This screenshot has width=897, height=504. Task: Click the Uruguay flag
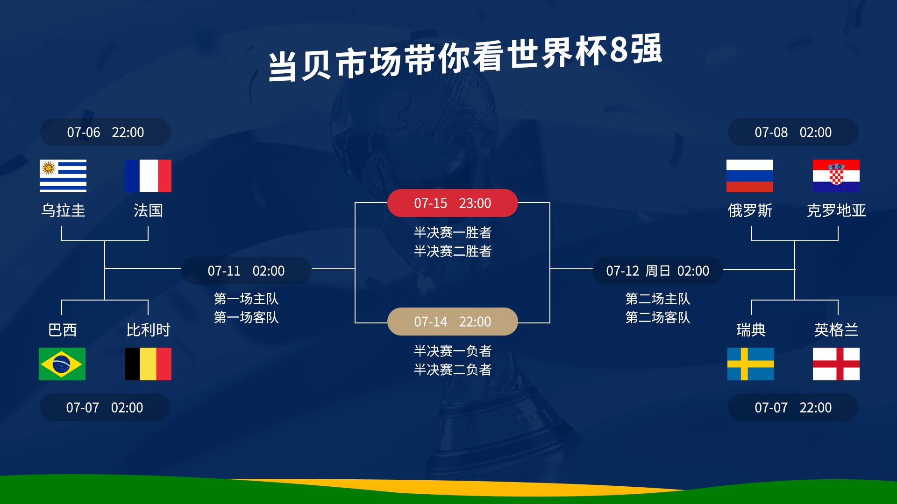pyautogui.click(x=63, y=176)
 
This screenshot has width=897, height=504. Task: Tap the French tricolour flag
pyautogui.click(x=148, y=176)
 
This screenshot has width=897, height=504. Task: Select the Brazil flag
pyautogui.click(x=62, y=364)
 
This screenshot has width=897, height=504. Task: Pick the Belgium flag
pyautogui.click(x=148, y=364)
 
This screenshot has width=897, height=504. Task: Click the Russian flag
pyautogui.click(x=749, y=176)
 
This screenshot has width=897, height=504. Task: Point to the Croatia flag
pyautogui.click(x=836, y=176)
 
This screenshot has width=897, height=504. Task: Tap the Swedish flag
pyautogui.click(x=750, y=364)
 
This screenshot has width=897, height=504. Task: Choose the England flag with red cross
pyautogui.click(x=836, y=364)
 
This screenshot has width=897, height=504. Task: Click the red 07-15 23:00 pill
pyautogui.click(x=452, y=203)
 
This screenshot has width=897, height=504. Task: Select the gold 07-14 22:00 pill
pyautogui.click(x=452, y=322)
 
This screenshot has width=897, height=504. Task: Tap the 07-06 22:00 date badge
pyautogui.click(x=106, y=132)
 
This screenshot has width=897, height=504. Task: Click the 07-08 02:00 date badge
pyautogui.click(x=793, y=132)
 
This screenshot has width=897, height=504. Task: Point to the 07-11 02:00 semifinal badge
pyautogui.click(x=246, y=271)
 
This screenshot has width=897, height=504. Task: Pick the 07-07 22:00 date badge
pyautogui.click(x=793, y=407)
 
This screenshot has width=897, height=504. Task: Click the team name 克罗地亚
pyautogui.click(x=836, y=210)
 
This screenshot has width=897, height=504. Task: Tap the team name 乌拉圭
pyautogui.click(x=63, y=210)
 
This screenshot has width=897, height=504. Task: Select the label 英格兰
pyautogui.click(x=836, y=330)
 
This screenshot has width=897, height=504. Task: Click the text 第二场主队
pyautogui.click(x=657, y=299)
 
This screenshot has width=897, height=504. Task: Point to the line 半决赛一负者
pyautogui.click(x=452, y=351)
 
